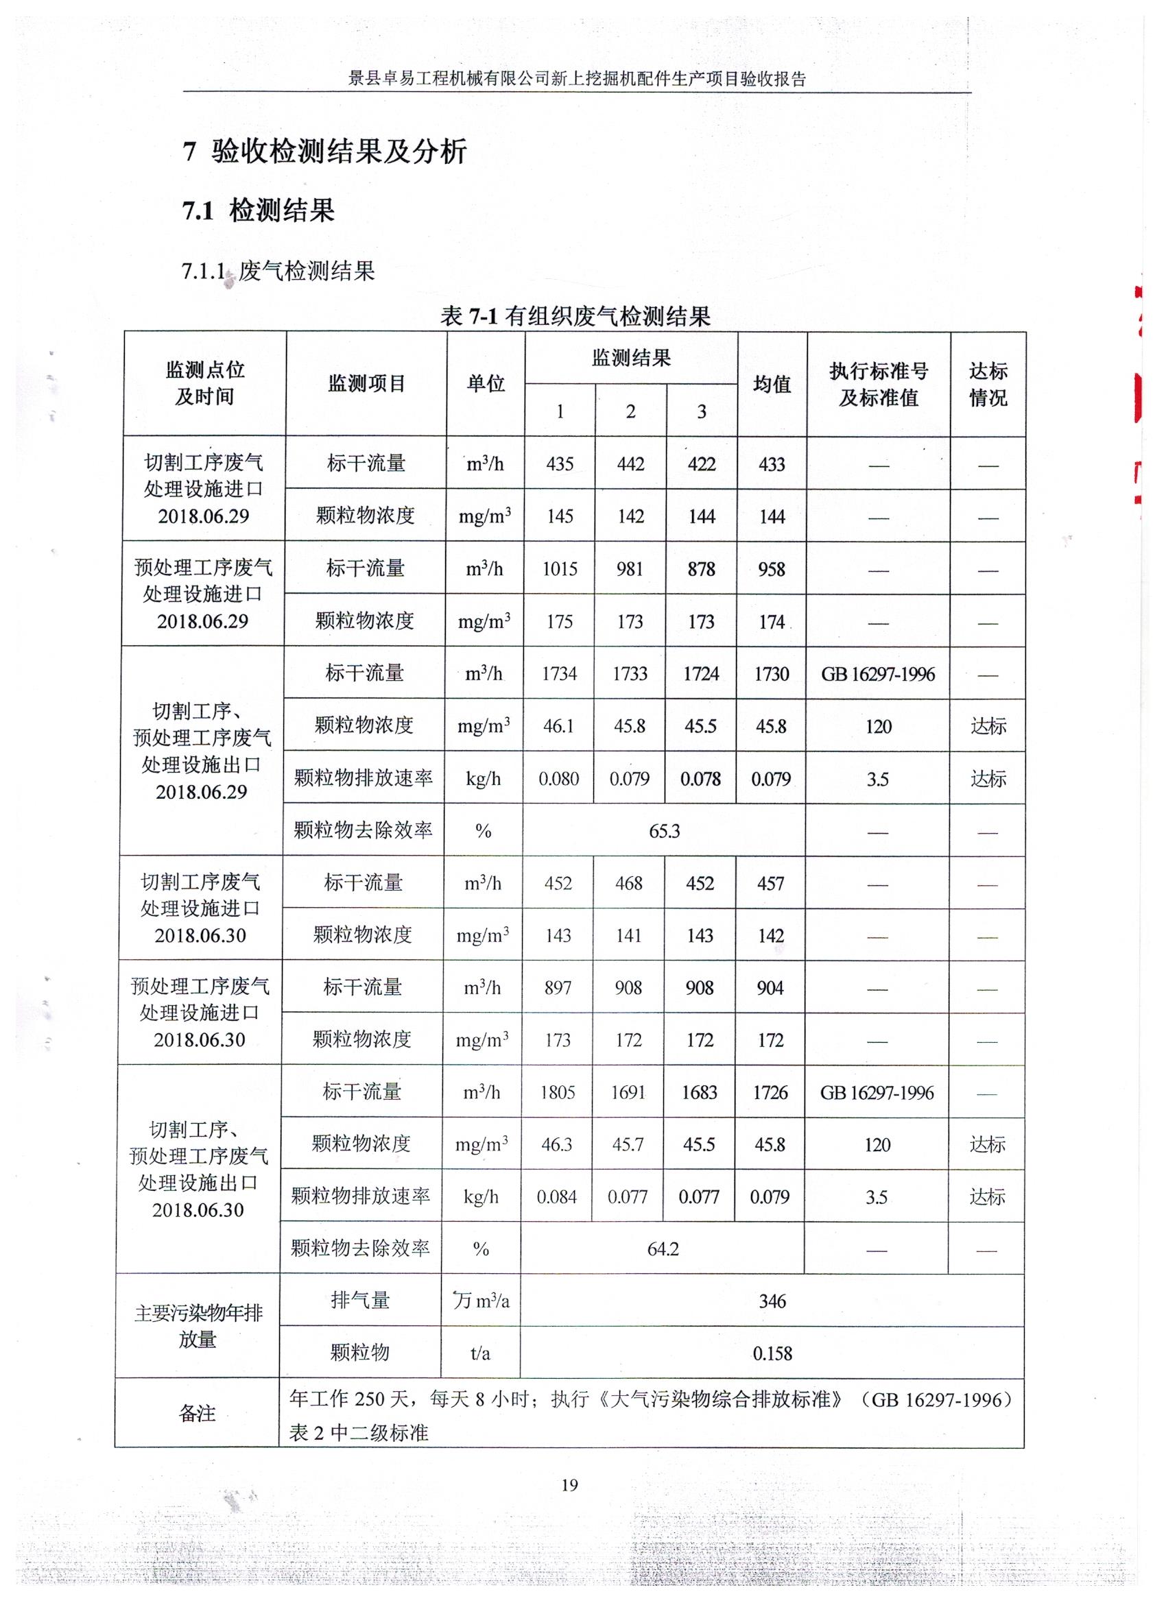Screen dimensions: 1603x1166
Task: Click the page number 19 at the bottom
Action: click(569, 1485)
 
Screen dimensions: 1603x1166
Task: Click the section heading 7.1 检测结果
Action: click(258, 210)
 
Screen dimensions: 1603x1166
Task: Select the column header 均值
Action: click(772, 384)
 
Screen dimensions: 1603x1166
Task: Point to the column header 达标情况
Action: click(988, 384)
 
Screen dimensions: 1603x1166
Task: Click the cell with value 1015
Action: click(559, 569)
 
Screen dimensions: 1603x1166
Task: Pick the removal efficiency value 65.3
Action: click(664, 830)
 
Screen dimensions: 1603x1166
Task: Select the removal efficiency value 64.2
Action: click(663, 1249)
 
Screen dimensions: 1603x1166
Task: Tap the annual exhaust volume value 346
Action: click(772, 1301)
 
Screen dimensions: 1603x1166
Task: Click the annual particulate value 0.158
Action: click(772, 1353)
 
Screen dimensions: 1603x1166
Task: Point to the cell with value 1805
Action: click(557, 1092)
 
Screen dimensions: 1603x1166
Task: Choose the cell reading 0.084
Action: click(556, 1196)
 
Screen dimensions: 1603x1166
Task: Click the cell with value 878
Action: click(701, 569)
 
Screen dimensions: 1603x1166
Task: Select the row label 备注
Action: click(198, 1414)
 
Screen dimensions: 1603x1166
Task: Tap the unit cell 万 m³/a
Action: click(481, 1301)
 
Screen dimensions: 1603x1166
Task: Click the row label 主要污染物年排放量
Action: click(198, 1326)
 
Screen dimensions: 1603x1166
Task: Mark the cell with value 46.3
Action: click(556, 1144)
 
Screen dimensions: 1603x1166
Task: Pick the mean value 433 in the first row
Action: click(772, 464)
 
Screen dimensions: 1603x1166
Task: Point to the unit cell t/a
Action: click(480, 1353)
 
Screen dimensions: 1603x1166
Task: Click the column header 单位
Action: click(486, 384)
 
